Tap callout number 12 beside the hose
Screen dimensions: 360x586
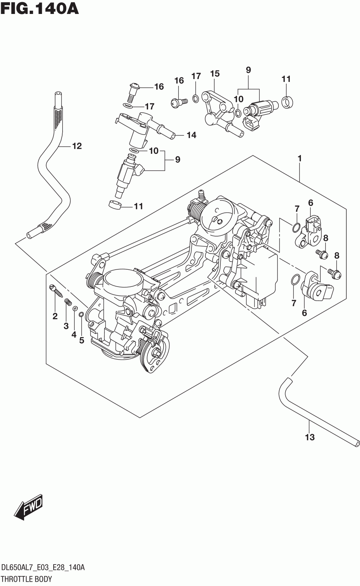point(77,146)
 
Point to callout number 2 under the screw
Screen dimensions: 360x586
point(55,316)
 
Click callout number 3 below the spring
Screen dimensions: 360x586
point(66,326)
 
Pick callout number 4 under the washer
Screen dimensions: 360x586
point(74,334)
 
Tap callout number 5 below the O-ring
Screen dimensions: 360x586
point(82,340)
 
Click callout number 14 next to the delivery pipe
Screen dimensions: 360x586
point(191,135)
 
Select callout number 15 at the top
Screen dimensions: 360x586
point(215,73)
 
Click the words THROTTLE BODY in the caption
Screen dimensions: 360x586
point(27,578)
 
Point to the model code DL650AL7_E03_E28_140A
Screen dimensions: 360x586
point(43,567)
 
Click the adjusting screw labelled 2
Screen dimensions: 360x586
point(55,290)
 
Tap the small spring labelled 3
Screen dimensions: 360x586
point(68,302)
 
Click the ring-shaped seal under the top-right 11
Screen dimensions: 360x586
point(287,102)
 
